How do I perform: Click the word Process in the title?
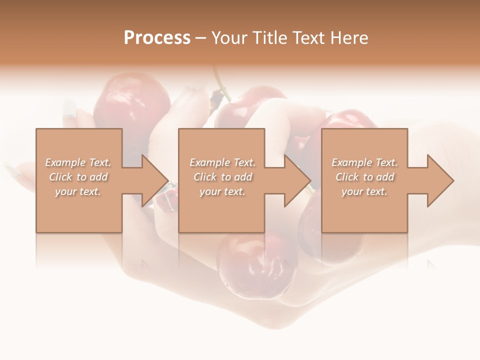[x=157, y=38]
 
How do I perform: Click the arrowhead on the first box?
[x=154, y=180]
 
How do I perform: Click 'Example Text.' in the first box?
[x=78, y=162]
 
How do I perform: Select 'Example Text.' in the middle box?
[x=222, y=162]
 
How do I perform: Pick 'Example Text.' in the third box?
[x=364, y=162]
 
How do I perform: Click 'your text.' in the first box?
[x=78, y=191]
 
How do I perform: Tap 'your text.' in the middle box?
[x=222, y=191]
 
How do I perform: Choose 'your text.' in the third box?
[x=364, y=191]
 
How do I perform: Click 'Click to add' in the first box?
[x=78, y=177]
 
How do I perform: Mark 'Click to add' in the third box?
[x=364, y=177]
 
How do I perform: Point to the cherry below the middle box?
[x=255, y=265]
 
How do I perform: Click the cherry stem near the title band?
[x=219, y=82]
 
